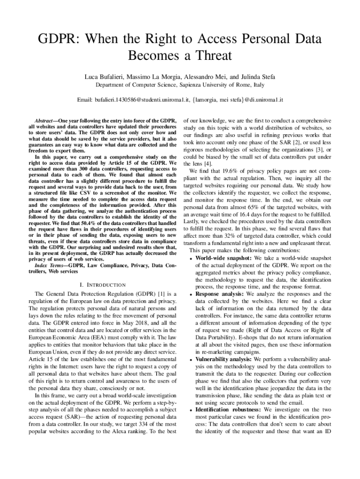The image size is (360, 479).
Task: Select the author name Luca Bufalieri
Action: tap(103, 76)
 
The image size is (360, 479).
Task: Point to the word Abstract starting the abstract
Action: tap(47, 120)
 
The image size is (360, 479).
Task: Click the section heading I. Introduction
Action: tap(101, 284)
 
